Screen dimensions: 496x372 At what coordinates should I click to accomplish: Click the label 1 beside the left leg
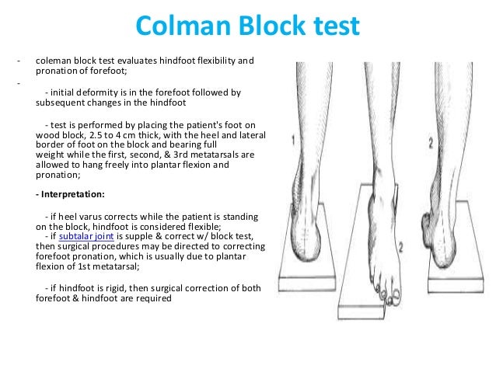tap(293, 141)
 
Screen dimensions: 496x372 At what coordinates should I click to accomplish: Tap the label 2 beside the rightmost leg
tap(453, 142)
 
